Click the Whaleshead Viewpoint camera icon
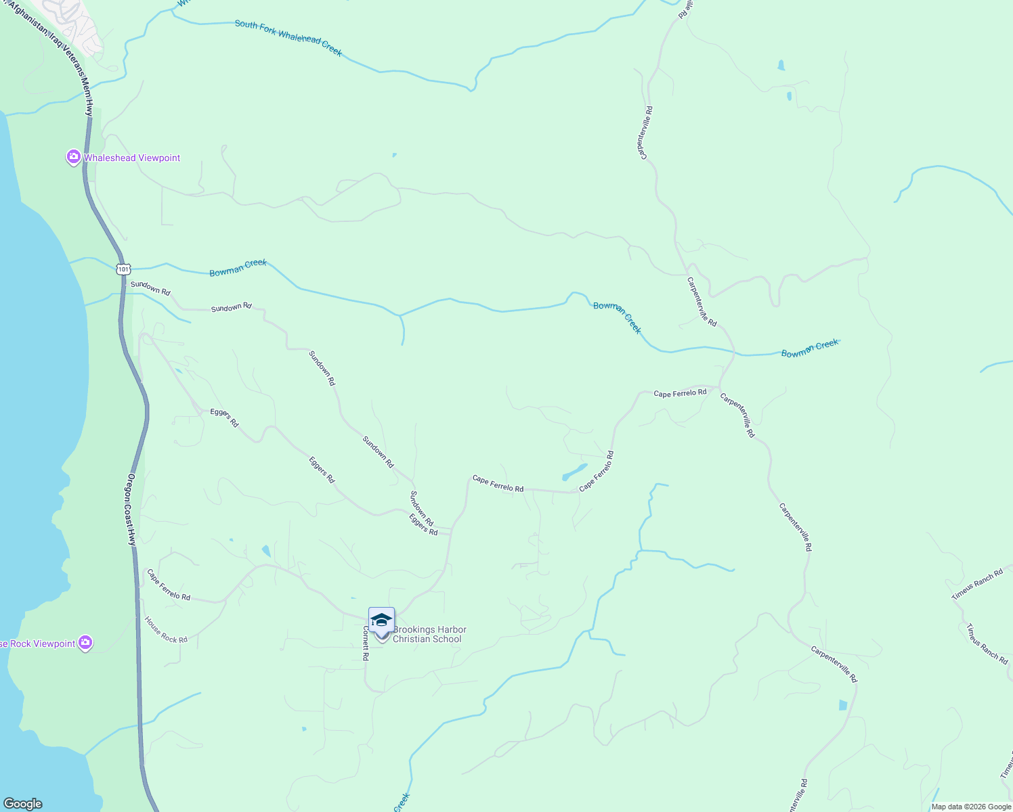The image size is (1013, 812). click(x=73, y=158)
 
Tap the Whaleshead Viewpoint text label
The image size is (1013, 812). click(x=132, y=158)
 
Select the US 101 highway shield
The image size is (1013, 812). click(x=123, y=269)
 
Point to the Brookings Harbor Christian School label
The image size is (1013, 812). click(x=429, y=634)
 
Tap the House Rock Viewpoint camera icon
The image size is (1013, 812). click(x=85, y=643)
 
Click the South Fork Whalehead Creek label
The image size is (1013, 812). click(x=288, y=38)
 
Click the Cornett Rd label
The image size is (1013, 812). click(x=365, y=643)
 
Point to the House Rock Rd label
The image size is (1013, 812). click(x=166, y=630)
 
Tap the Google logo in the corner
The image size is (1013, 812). click(x=22, y=804)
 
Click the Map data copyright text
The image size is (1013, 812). click(x=971, y=807)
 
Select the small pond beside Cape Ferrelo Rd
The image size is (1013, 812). click(x=574, y=472)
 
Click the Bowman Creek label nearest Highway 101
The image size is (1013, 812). click(x=238, y=268)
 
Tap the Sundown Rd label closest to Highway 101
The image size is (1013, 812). click(x=150, y=288)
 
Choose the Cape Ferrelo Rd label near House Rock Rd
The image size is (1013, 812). click(x=169, y=586)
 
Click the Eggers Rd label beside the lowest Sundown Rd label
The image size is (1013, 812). click(x=423, y=524)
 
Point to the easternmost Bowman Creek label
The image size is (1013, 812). click(x=810, y=348)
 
